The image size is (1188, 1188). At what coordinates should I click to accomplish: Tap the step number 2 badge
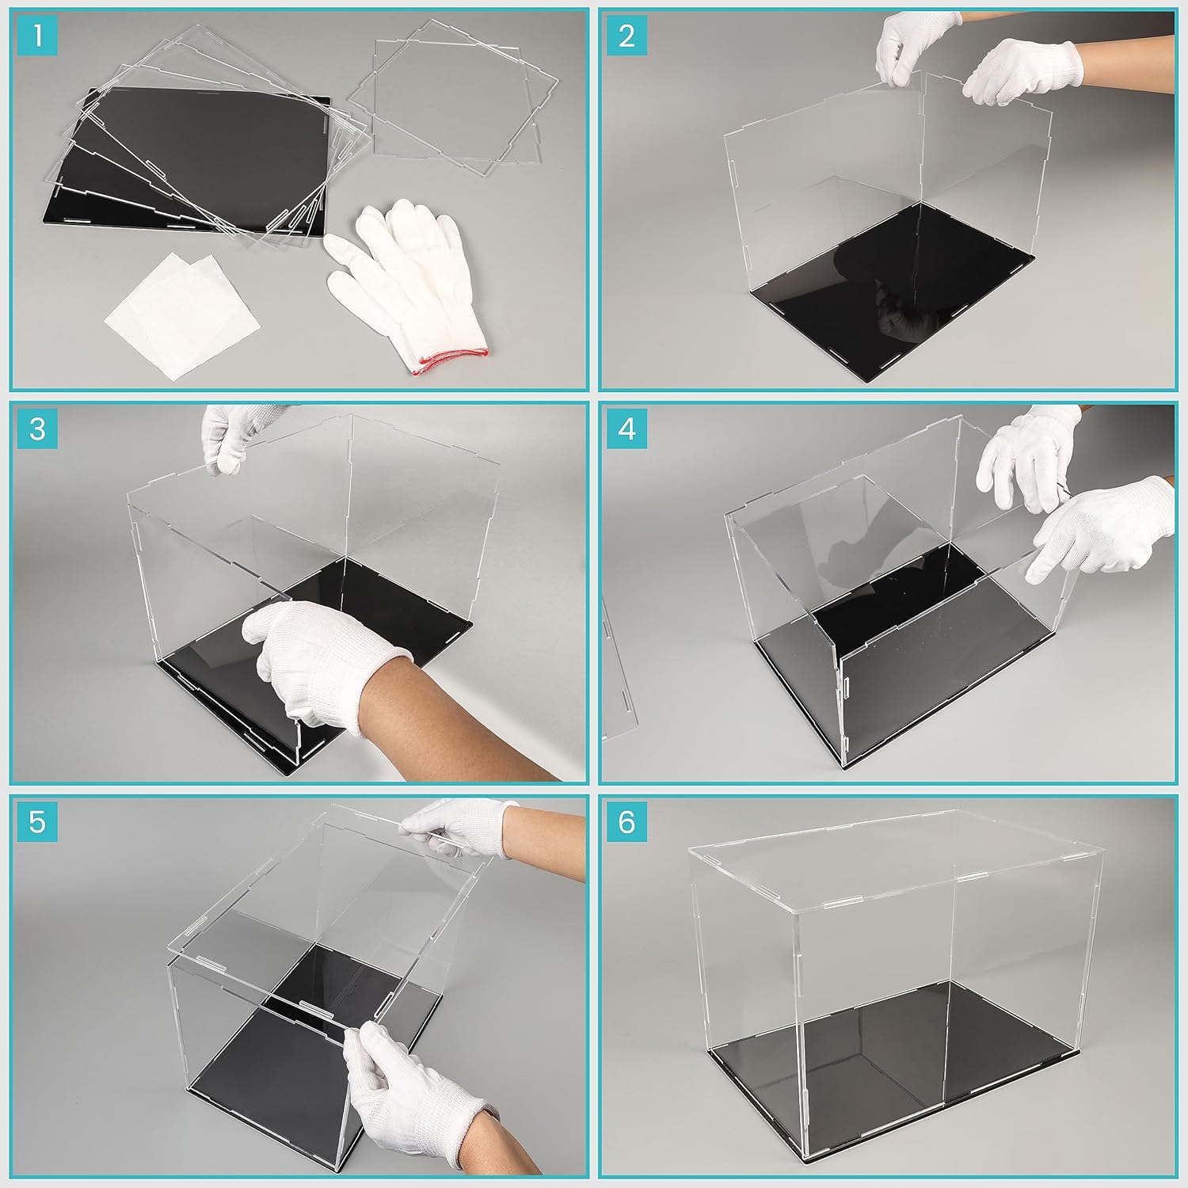627,36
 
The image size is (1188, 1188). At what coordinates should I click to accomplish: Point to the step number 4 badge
627,429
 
